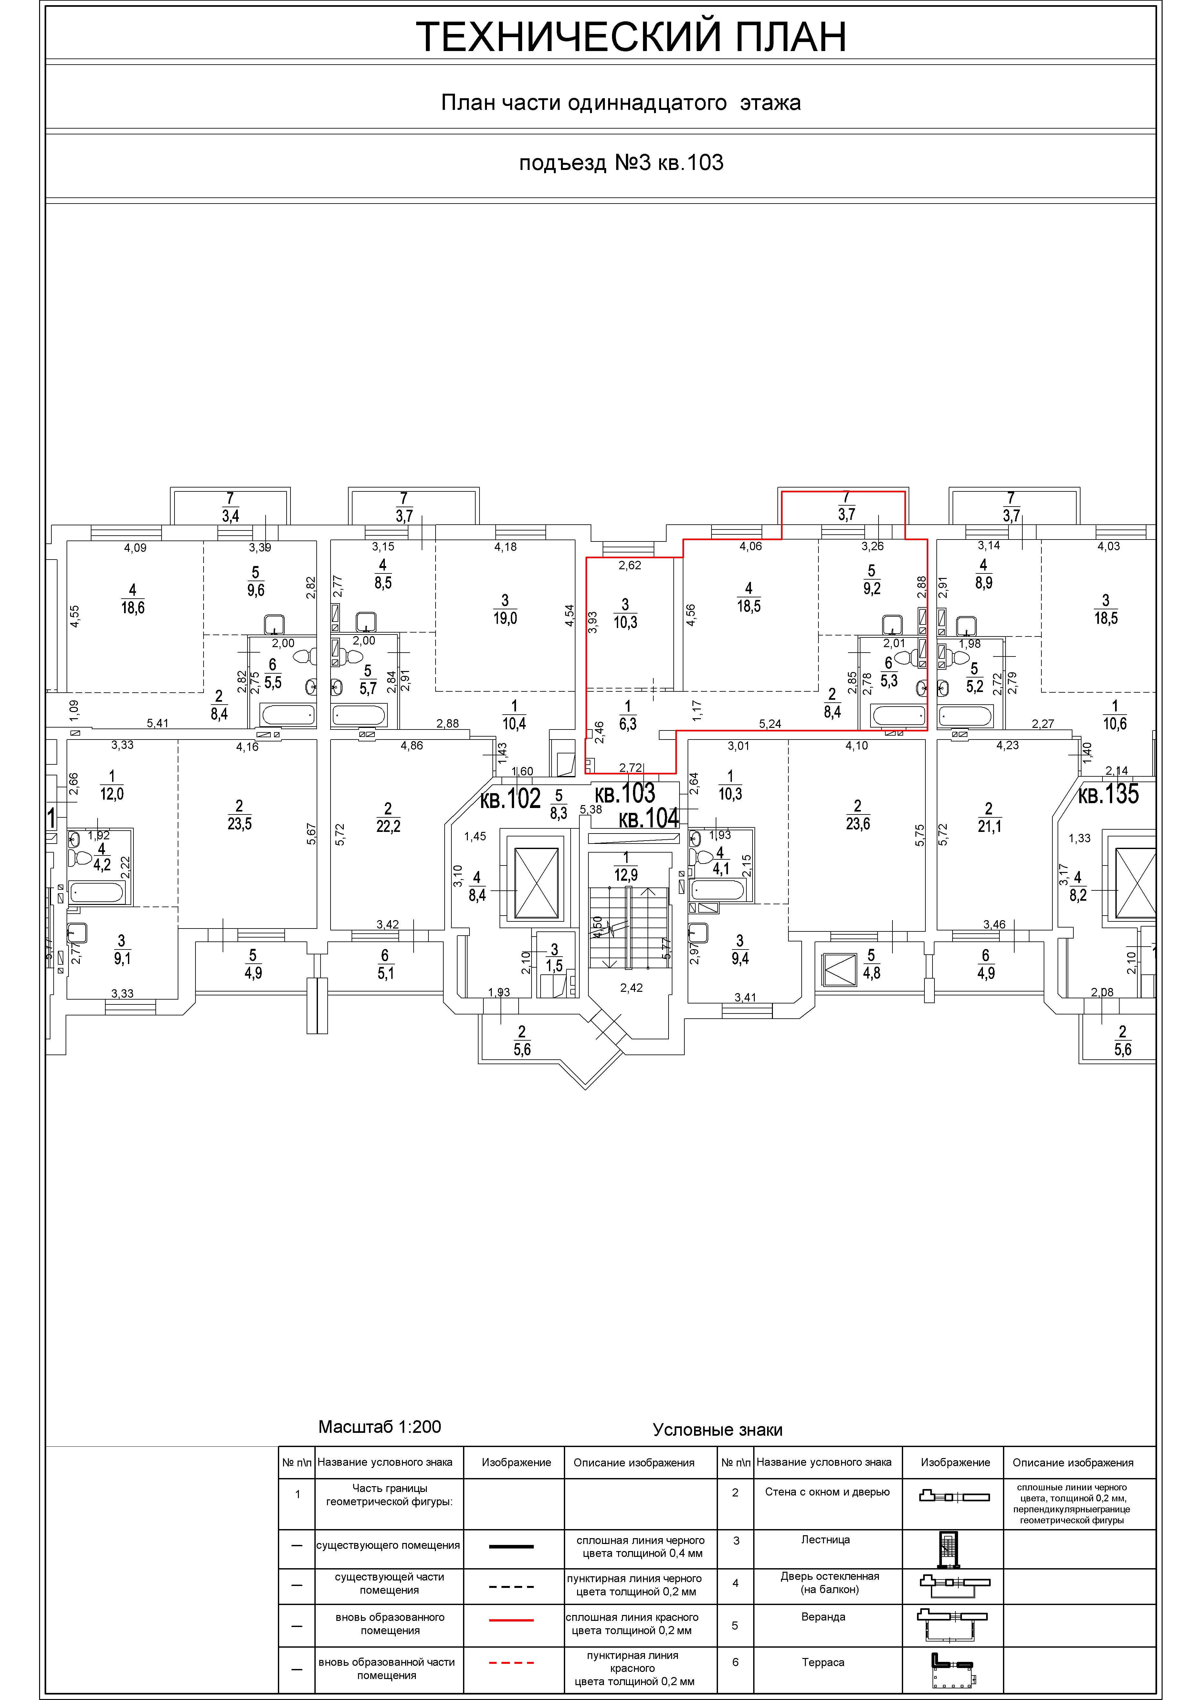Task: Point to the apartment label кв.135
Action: (1108, 794)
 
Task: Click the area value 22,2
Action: (388, 826)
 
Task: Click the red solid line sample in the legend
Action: (511, 1620)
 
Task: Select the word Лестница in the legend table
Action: (825, 1539)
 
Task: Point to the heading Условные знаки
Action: (718, 1430)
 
